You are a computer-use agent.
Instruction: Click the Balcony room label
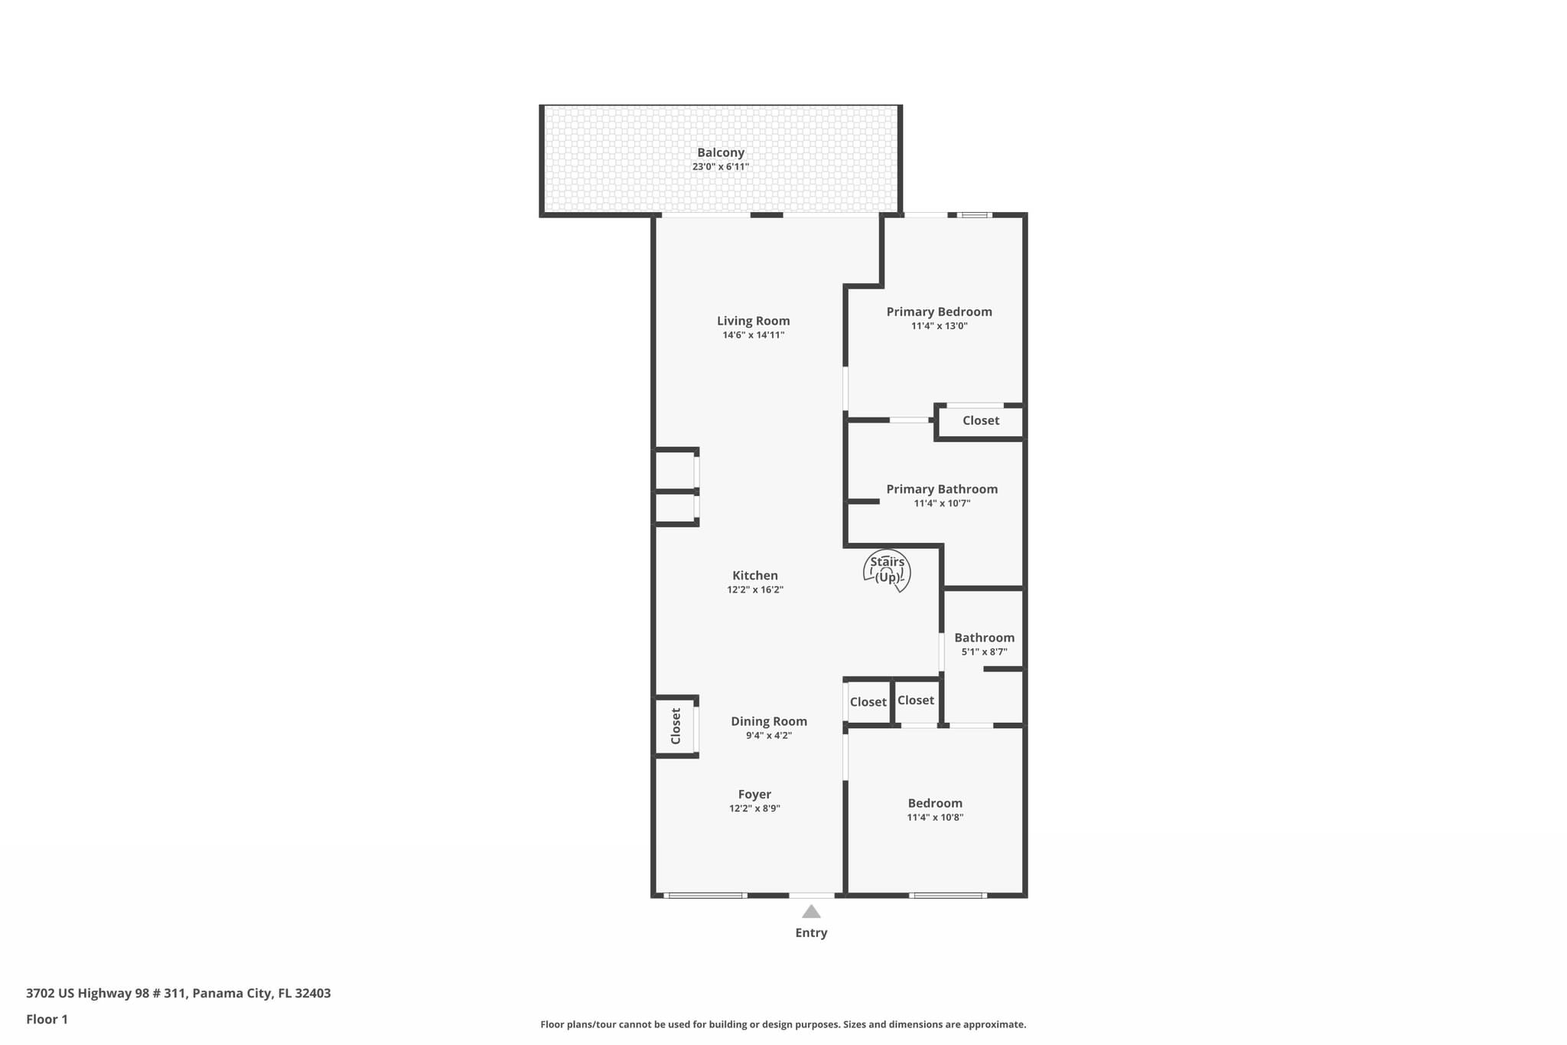pyautogui.click(x=720, y=152)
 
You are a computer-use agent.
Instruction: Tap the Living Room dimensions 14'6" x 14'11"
pyautogui.click(x=753, y=335)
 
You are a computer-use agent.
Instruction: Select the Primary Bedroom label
pyautogui.click(x=939, y=312)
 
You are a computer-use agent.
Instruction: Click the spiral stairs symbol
pyautogui.click(x=888, y=571)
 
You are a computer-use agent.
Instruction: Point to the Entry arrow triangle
pyautogui.click(x=811, y=912)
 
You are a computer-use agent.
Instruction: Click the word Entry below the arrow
pyautogui.click(x=811, y=932)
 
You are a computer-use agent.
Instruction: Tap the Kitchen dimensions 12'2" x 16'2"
pyautogui.click(x=754, y=589)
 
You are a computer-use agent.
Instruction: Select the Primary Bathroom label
pyautogui.click(x=941, y=489)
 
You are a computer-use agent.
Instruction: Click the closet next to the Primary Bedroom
pyautogui.click(x=980, y=420)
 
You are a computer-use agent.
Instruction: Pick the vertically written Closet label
pyautogui.click(x=676, y=726)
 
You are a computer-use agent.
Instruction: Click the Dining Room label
pyautogui.click(x=768, y=721)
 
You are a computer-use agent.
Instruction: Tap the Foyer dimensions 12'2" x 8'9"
pyautogui.click(x=754, y=808)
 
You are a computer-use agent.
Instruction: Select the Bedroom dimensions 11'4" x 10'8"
pyautogui.click(x=934, y=818)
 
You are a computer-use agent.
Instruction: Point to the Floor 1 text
pyautogui.click(x=47, y=1019)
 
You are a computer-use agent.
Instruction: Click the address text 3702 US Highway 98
pyautogui.click(x=178, y=993)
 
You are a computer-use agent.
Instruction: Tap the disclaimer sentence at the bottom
pyautogui.click(x=783, y=1024)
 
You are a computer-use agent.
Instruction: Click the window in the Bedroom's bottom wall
pyautogui.click(x=947, y=895)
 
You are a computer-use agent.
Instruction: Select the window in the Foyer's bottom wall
pyautogui.click(x=705, y=895)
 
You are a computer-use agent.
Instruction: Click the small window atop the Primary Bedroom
pyautogui.click(x=974, y=215)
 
